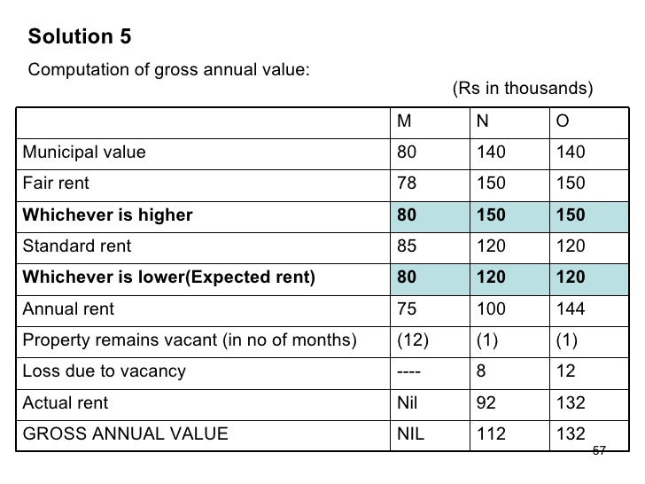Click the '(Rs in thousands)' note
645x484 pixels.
[522, 89]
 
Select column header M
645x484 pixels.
[403, 121]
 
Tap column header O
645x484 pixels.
[563, 121]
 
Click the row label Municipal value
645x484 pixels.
[83, 152]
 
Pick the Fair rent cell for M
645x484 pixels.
[407, 183]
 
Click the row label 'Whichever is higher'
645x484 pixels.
[107, 215]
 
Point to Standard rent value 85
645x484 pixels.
[407, 246]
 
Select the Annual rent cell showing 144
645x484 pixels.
[571, 308]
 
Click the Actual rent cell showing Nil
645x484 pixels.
[406, 402]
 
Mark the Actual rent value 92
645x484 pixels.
[486, 402]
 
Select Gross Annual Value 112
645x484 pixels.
[489, 433]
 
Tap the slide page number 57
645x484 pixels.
[599, 451]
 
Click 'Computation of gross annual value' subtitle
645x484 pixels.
[168, 71]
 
